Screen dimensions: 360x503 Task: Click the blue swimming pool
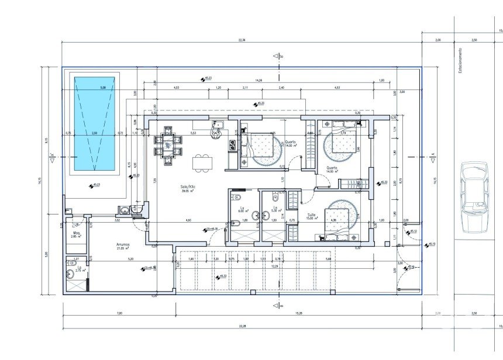coord(94,122)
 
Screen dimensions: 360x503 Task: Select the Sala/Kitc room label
coord(188,189)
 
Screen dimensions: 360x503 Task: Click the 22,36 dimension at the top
coord(242,40)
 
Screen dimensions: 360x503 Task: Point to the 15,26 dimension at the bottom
coord(300,313)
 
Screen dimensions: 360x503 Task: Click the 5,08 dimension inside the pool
coord(103,88)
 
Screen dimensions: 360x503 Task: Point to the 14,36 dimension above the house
coord(259,79)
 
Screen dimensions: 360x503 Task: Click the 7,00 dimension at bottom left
coord(119,313)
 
